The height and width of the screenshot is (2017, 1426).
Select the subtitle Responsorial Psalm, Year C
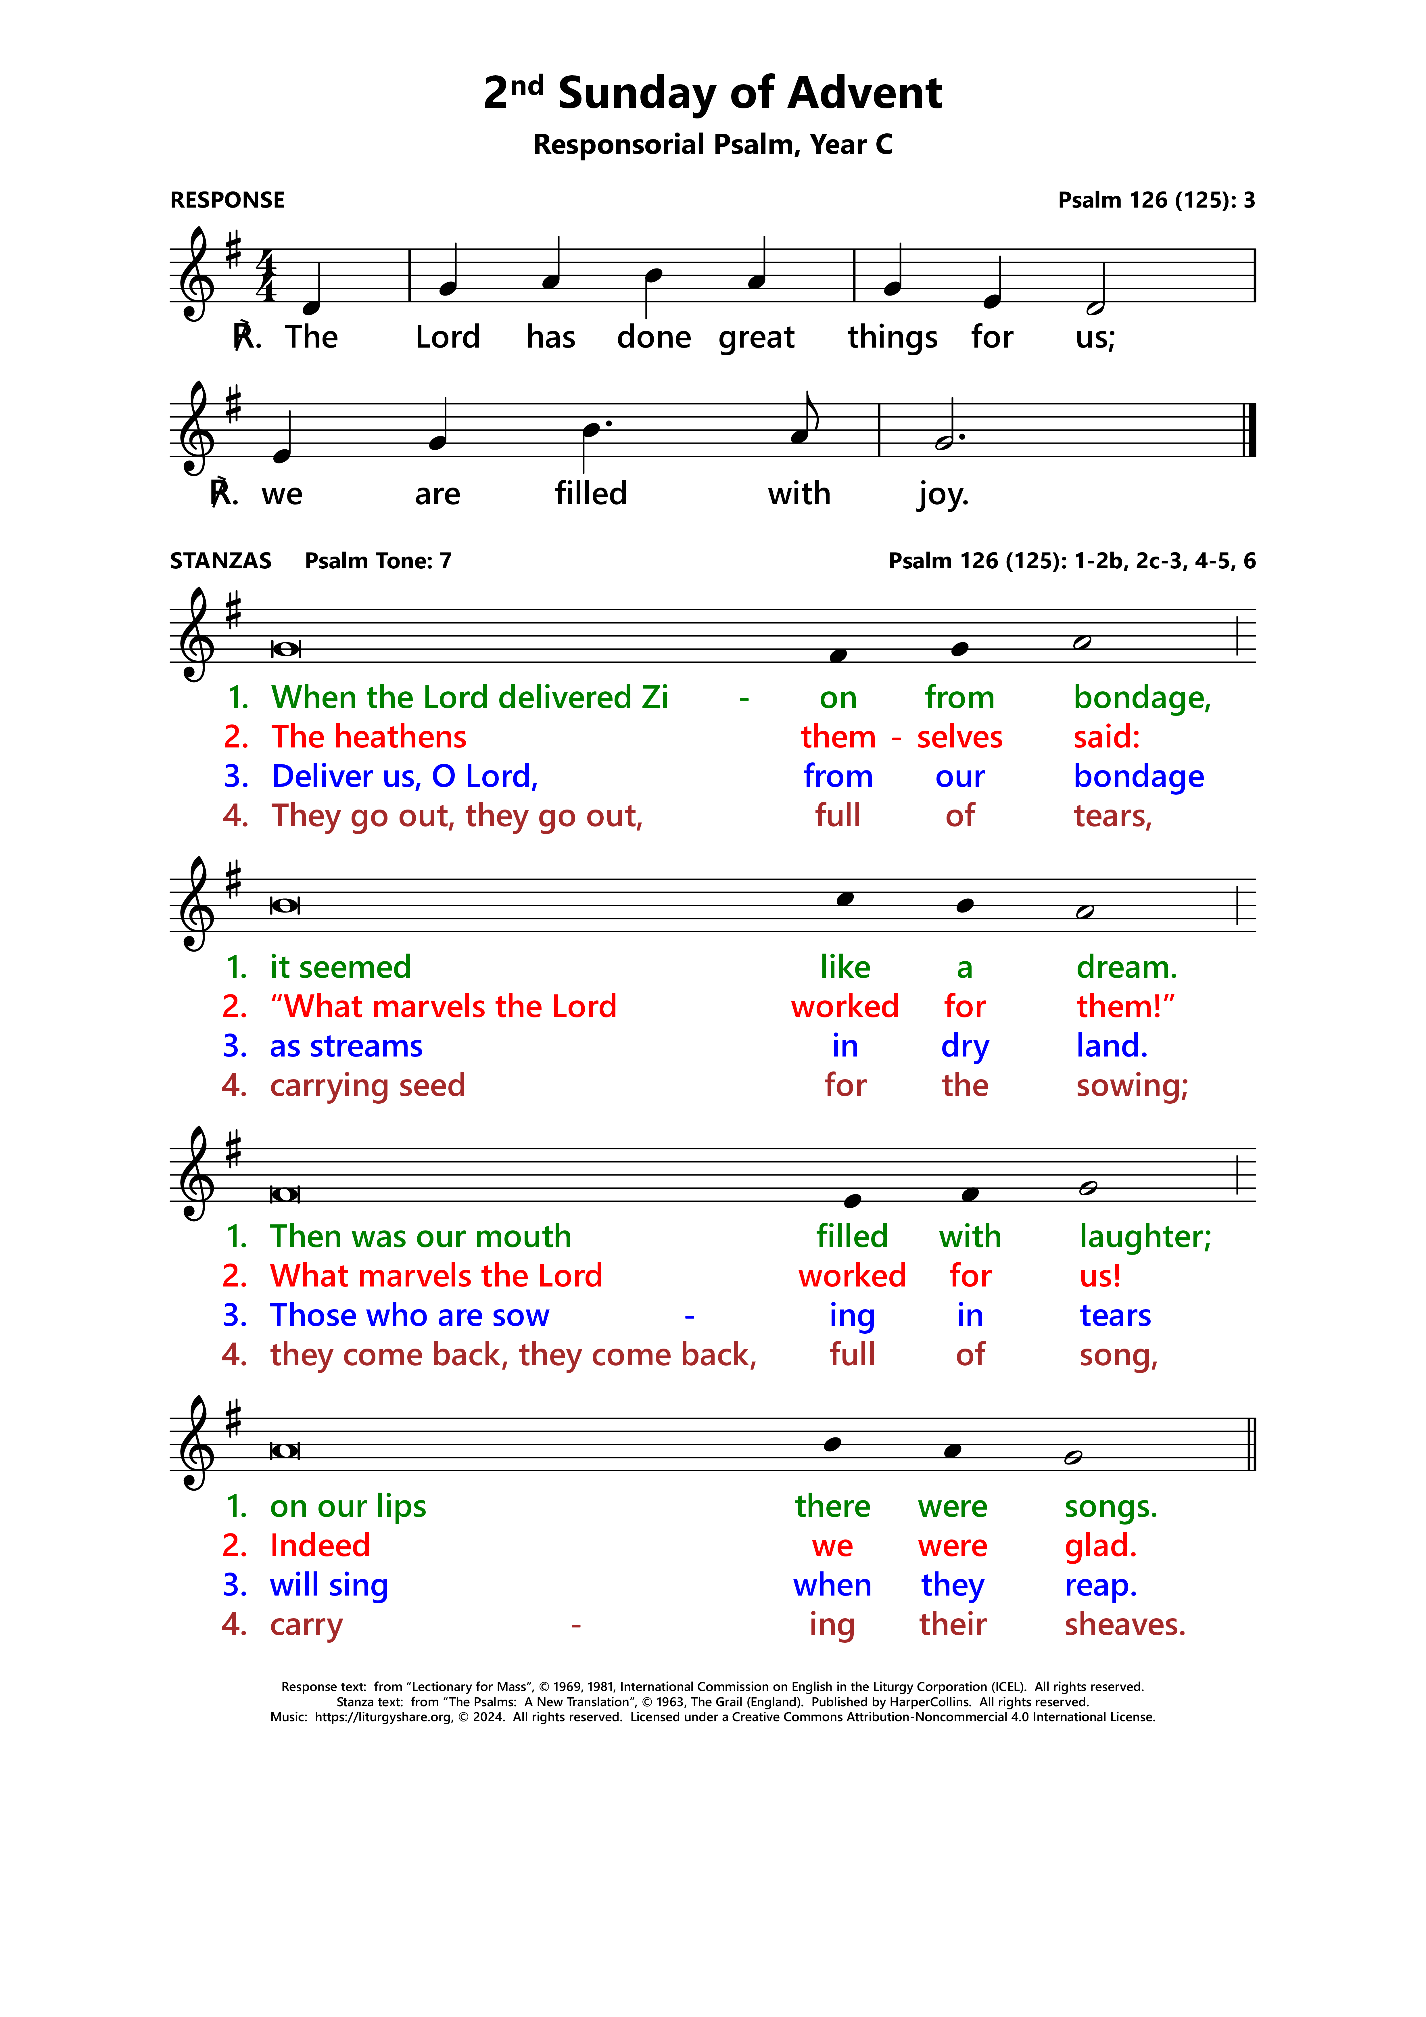(713, 144)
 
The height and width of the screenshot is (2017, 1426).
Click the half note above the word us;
(1095, 308)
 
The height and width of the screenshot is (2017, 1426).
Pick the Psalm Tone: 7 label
(378, 561)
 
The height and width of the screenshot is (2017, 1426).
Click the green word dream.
(1126, 967)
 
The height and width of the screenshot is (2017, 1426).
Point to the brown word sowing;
(1132, 1086)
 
